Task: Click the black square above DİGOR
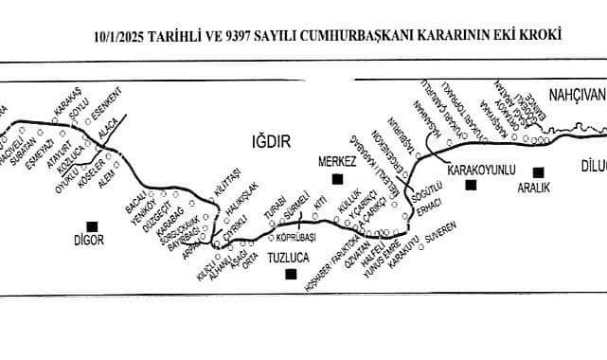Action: click(x=92, y=225)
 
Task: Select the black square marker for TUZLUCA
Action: click(x=291, y=275)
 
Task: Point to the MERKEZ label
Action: click(x=337, y=163)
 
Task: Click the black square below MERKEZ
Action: click(x=335, y=178)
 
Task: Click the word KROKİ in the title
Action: click(x=540, y=35)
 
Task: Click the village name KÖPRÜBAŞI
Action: click(x=294, y=236)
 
